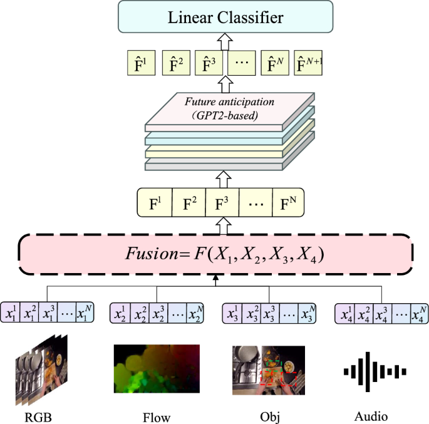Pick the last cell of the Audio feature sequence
click(x=416, y=311)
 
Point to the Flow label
click(x=156, y=415)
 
